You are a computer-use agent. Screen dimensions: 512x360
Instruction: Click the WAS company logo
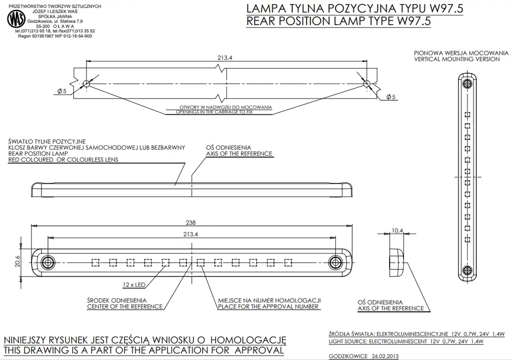pyautogui.click(x=16, y=19)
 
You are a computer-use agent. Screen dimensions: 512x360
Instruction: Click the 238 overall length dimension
pyautogui.click(x=190, y=222)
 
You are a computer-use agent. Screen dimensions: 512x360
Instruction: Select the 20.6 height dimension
pyautogui.click(x=17, y=261)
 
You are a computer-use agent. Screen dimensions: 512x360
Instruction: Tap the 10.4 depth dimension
pyautogui.click(x=397, y=230)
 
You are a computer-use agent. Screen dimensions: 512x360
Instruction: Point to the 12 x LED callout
pyautogui.click(x=134, y=285)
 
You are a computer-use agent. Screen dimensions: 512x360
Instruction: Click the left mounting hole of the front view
pyautogui.click(x=48, y=262)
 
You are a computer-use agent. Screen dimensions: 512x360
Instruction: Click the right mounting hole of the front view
pyautogui.click(x=335, y=262)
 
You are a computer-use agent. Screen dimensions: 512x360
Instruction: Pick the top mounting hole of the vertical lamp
pyautogui.click(x=467, y=83)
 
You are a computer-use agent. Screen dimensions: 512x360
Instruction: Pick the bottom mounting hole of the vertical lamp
pyautogui.click(x=467, y=270)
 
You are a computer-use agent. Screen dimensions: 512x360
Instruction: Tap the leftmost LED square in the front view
pyautogui.click(x=95, y=262)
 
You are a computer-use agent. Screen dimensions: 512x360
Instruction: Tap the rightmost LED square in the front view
pyautogui.click(x=288, y=262)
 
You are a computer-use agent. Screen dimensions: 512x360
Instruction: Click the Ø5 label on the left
pyautogui.click(x=62, y=91)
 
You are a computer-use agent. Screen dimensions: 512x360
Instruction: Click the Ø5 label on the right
pyautogui.click(x=391, y=97)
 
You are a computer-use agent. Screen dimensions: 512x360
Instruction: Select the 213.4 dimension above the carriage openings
pyautogui.click(x=225, y=57)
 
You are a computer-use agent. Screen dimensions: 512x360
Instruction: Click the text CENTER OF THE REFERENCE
pyautogui.click(x=125, y=306)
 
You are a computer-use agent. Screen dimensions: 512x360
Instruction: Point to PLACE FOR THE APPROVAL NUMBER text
pyautogui.click(x=268, y=306)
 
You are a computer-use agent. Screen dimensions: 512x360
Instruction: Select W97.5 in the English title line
pyautogui.click(x=414, y=21)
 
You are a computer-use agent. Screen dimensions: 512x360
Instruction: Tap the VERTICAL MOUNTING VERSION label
pyautogui.click(x=457, y=59)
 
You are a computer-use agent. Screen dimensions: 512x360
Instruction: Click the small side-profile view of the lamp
pyautogui.click(x=396, y=262)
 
